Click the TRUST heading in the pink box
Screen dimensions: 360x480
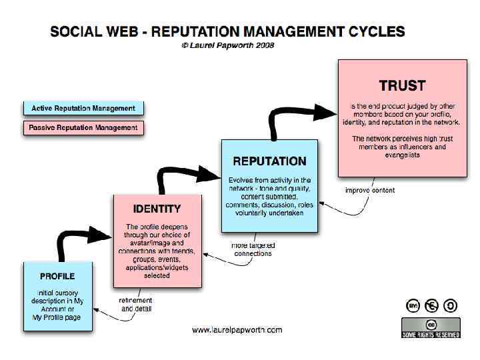[402, 85]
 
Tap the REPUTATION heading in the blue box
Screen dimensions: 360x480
[269, 161]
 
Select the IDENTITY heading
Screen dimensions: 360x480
[157, 209]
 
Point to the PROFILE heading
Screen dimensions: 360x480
[57, 276]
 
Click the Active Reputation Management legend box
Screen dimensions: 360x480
[83, 108]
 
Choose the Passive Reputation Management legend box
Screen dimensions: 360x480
[83, 127]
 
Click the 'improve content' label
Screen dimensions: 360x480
[370, 191]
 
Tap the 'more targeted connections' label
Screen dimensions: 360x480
[253, 249]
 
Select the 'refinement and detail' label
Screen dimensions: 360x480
[135, 305]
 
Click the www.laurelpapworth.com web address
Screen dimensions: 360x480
[237, 329]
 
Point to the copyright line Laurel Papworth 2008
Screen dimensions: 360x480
[227, 45]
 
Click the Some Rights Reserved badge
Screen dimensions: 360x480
[431, 327]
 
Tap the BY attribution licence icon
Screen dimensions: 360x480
[413, 306]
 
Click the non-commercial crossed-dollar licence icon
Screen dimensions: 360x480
[432, 306]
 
